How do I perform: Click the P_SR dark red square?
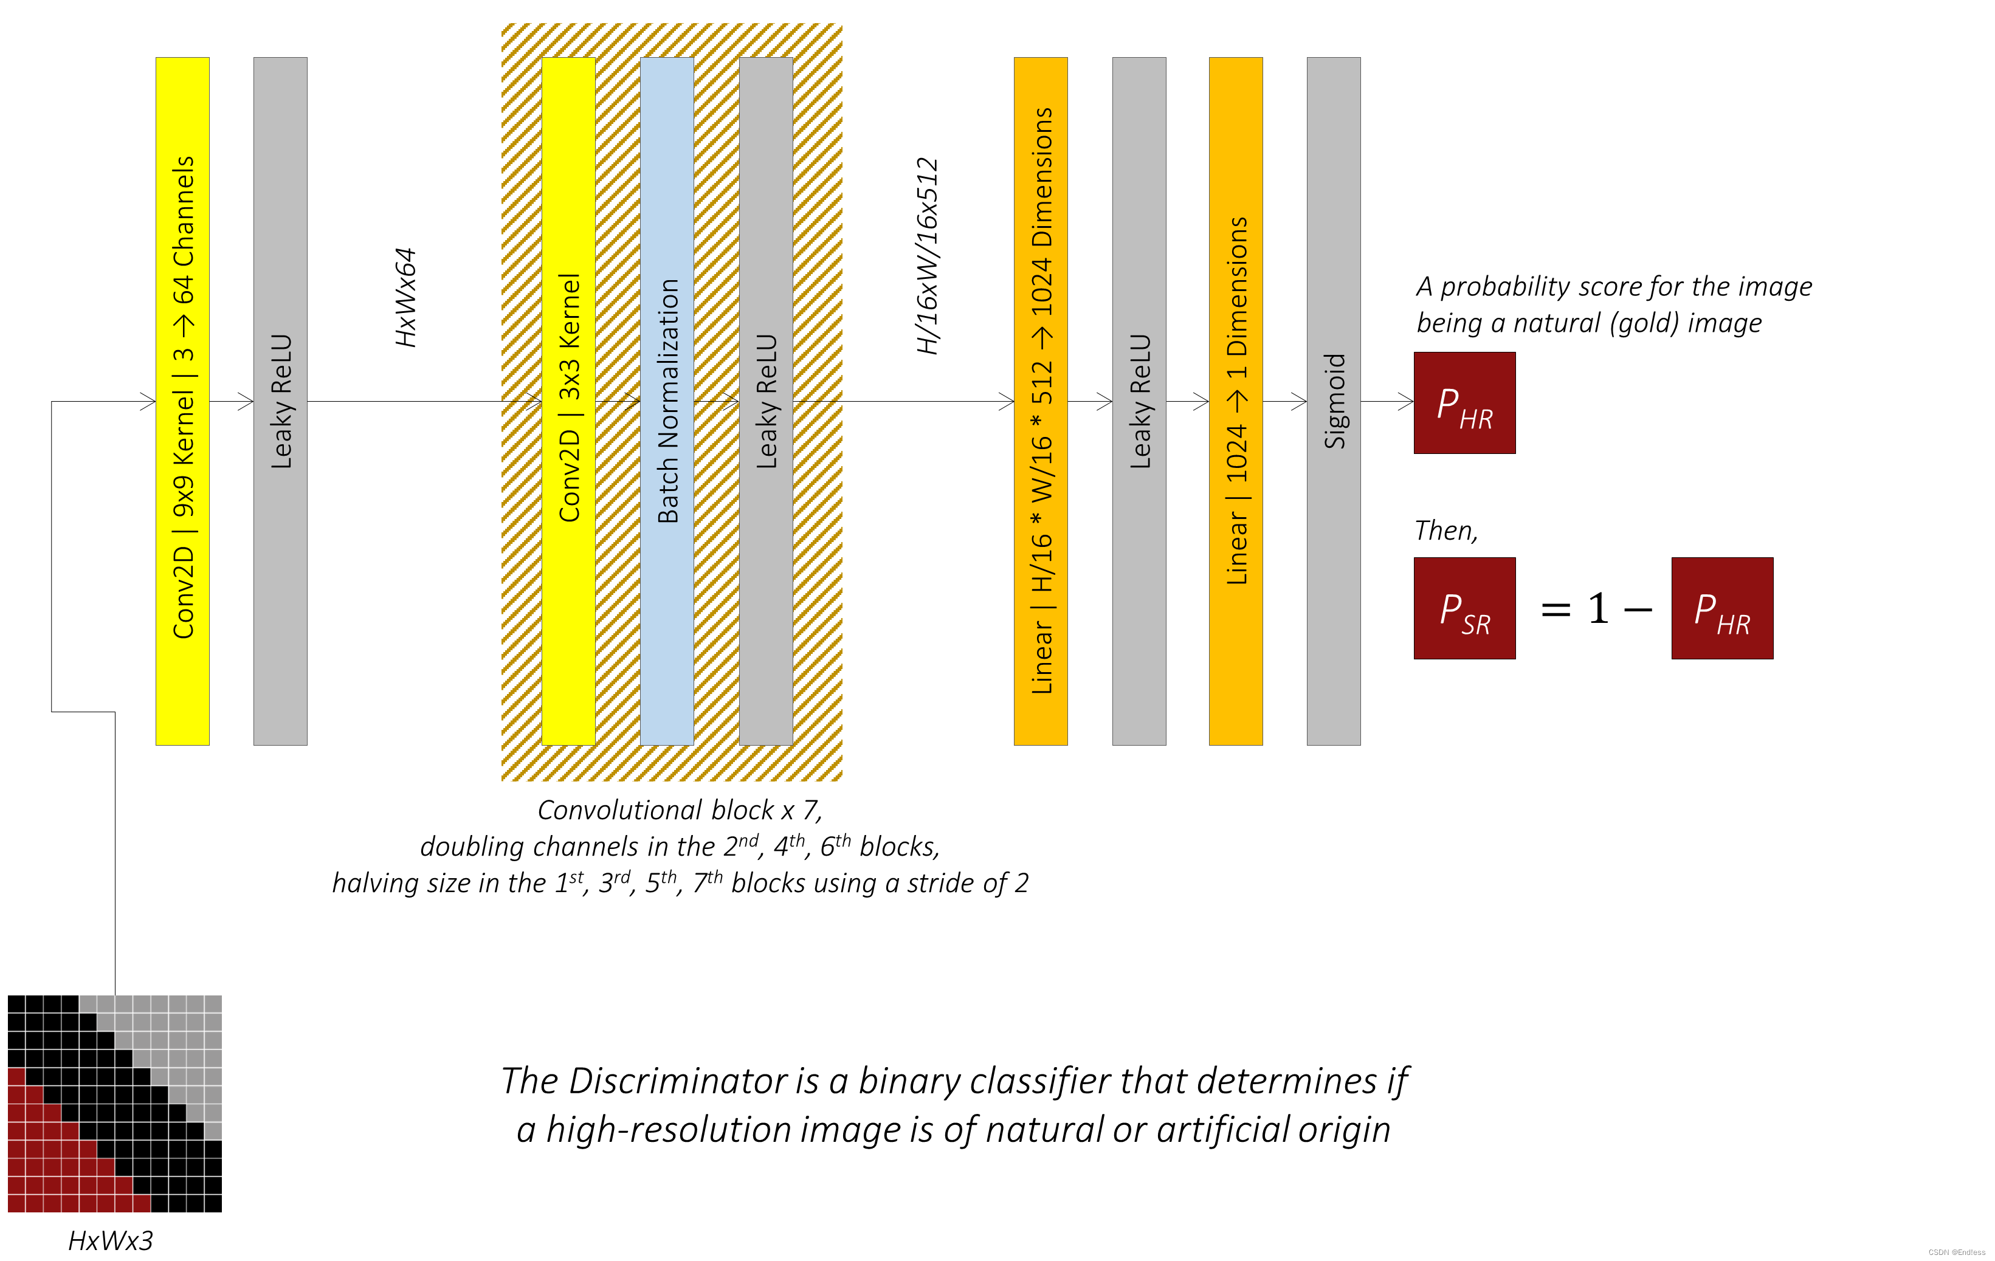click(x=1464, y=608)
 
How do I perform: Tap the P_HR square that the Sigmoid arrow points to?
click(x=1464, y=403)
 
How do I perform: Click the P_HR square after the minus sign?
click(x=1721, y=608)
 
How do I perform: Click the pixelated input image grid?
click(x=114, y=1104)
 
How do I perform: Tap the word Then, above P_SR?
click(x=1445, y=531)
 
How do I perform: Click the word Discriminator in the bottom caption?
click(x=678, y=1081)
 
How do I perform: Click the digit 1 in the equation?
click(x=1598, y=609)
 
